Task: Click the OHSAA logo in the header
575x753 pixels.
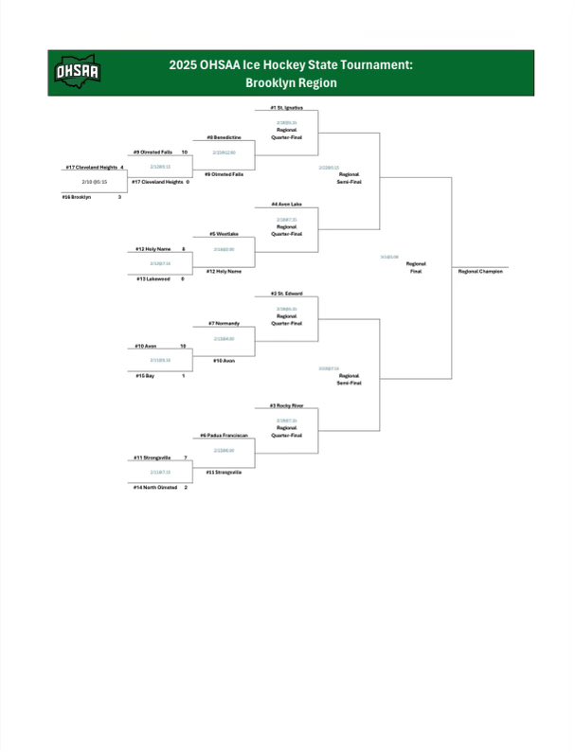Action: pyautogui.click(x=79, y=72)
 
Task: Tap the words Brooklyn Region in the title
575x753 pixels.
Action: pyautogui.click(x=291, y=82)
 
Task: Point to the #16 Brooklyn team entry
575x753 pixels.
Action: pyautogui.click(x=77, y=196)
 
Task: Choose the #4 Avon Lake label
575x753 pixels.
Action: pyautogui.click(x=286, y=204)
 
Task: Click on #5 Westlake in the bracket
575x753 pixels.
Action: pyautogui.click(x=224, y=233)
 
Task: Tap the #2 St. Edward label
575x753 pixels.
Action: pyautogui.click(x=286, y=294)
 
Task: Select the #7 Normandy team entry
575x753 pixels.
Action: pyautogui.click(x=224, y=323)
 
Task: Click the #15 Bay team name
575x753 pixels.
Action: pyautogui.click(x=146, y=376)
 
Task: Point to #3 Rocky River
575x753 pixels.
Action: pyautogui.click(x=286, y=405)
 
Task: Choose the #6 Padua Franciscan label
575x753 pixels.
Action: pyautogui.click(x=224, y=436)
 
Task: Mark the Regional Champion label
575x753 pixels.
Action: pyautogui.click(x=481, y=271)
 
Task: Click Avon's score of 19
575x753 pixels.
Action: pyautogui.click(x=183, y=346)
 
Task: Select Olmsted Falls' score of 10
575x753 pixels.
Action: pyautogui.click(x=184, y=152)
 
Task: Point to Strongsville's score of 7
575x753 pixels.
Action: pyautogui.click(x=185, y=457)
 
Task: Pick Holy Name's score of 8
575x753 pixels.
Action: pyautogui.click(x=183, y=248)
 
